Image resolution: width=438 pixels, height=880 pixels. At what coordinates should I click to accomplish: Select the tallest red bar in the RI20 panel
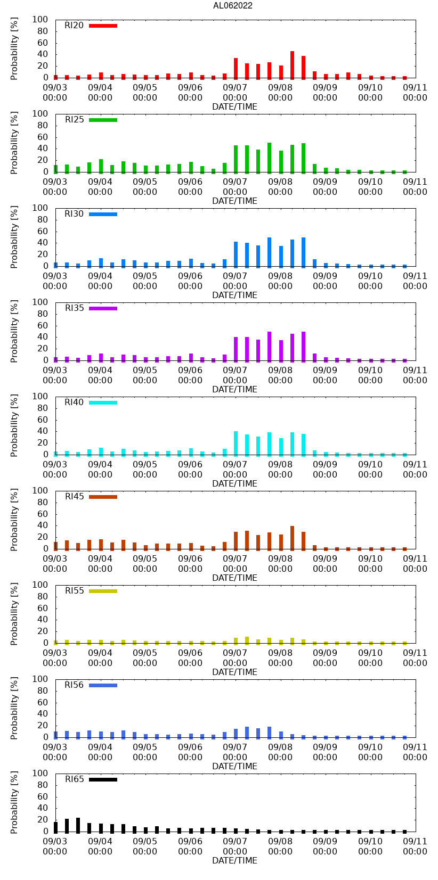[292, 64]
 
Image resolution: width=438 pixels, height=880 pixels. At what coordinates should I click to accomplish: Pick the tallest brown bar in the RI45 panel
[292, 537]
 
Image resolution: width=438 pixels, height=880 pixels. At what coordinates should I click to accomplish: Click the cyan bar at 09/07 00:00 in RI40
[236, 443]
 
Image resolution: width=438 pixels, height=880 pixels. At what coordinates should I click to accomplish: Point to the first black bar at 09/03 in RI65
[55, 827]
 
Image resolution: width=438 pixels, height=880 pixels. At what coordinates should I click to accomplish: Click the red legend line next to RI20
[103, 26]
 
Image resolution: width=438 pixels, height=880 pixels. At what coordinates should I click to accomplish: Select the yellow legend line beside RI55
[103, 591]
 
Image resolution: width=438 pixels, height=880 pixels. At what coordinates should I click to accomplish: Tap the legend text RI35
[75, 308]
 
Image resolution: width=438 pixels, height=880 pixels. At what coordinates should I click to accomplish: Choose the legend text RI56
[75, 685]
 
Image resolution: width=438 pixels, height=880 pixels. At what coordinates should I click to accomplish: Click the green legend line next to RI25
[103, 120]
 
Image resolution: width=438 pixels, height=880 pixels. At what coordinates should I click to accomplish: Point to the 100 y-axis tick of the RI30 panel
[40, 208]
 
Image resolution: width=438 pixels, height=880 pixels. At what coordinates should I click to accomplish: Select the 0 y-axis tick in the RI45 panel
[45, 549]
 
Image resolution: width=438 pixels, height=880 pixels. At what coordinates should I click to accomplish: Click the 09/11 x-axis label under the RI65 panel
[415, 846]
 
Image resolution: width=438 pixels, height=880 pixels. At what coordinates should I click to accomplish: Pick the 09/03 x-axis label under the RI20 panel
[55, 93]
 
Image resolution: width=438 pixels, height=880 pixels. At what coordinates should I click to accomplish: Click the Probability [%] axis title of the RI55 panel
[14, 614]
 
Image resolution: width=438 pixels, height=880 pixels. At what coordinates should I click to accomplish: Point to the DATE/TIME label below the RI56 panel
[234, 766]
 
